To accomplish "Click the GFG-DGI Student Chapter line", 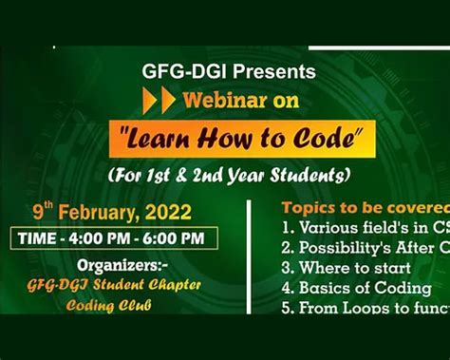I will pos(112,284).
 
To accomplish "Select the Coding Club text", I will pos(112,305).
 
